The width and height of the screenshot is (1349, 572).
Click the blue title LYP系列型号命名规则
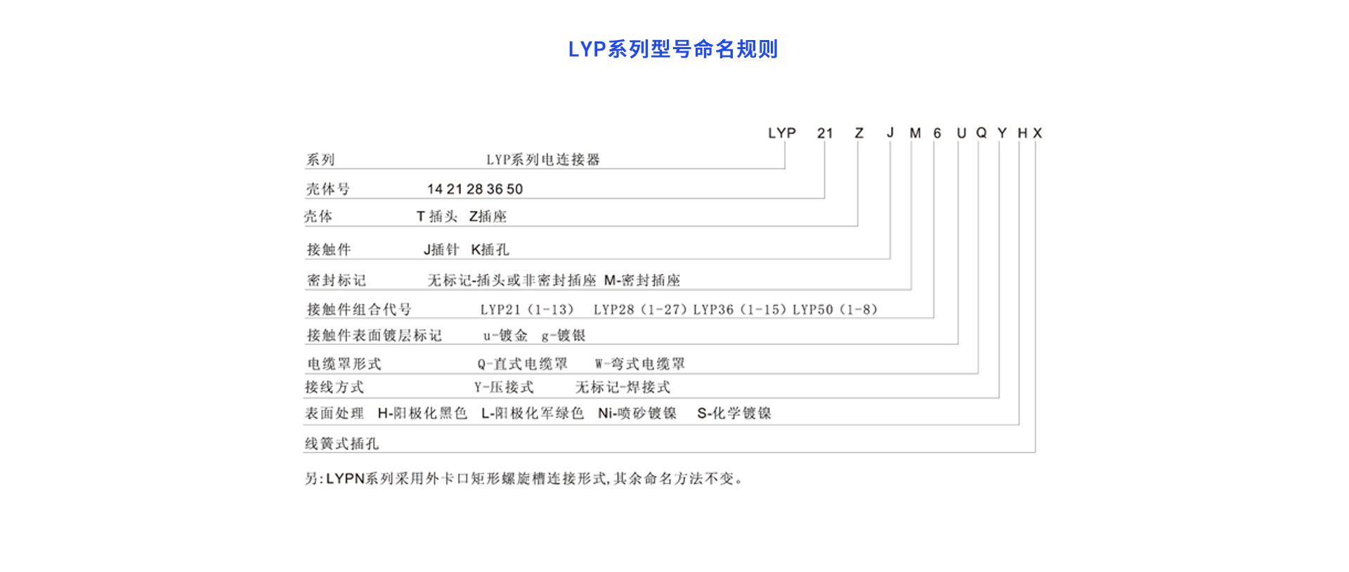point(672,49)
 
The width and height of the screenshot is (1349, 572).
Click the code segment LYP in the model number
point(781,133)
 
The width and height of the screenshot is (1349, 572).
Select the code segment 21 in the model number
point(825,133)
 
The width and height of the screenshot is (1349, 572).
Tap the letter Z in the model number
point(859,133)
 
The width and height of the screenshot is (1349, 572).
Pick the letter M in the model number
point(915,133)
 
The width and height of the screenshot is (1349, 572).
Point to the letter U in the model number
point(961,133)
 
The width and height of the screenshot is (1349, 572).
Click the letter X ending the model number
point(1038,133)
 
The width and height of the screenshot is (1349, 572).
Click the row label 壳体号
point(327,189)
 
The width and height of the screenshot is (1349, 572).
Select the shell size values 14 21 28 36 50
point(475,189)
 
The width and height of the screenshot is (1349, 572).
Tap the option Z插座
point(488,216)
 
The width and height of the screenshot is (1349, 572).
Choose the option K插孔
point(490,249)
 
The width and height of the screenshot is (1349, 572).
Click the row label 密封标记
point(336,280)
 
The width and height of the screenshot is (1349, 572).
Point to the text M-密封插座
point(642,280)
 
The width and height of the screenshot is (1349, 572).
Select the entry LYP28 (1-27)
point(640,310)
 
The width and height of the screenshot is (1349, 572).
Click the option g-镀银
point(563,336)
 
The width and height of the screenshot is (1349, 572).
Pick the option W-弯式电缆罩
point(639,364)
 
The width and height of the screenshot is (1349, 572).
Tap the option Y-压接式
point(504,387)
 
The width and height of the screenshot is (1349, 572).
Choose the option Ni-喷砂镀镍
point(637,413)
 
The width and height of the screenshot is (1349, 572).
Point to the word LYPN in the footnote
point(345,479)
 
